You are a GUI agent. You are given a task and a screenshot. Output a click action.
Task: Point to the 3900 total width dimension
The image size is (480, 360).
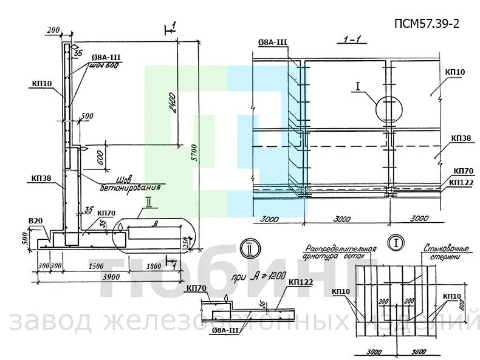click(x=110, y=276)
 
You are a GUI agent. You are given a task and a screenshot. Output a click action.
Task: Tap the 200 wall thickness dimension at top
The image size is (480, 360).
click(x=53, y=30)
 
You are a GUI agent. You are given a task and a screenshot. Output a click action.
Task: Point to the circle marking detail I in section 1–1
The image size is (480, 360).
click(x=389, y=109)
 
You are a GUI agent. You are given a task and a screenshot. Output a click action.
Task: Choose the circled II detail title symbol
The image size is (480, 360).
click(x=249, y=249)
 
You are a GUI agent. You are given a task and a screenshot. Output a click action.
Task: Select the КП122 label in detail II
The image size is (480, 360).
click(x=300, y=282)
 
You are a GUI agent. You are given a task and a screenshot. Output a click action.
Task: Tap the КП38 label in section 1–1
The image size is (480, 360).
click(x=461, y=138)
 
